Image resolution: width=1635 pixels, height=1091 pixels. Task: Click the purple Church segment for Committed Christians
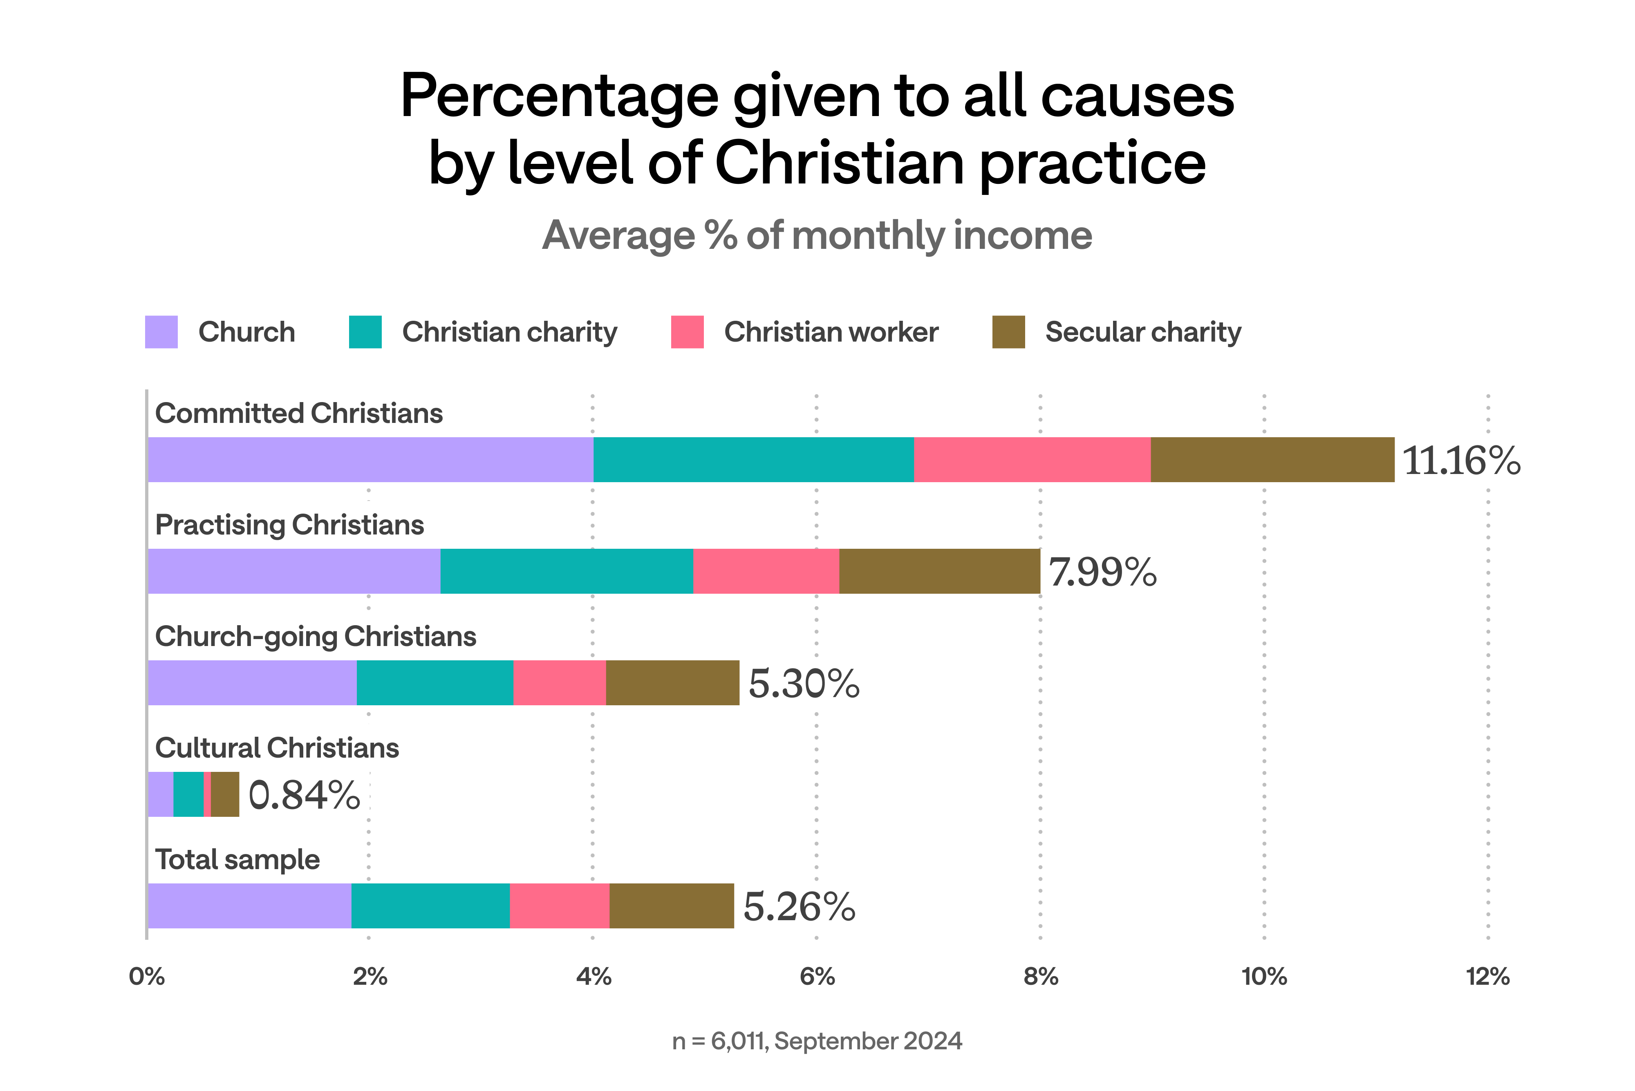pyautogui.click(x=370, y=460)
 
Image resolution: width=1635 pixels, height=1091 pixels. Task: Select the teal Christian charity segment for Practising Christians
pyautogui.click(x=567, y=571)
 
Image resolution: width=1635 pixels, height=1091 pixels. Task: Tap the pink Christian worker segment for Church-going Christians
pyautogui.click(x=560, y=682)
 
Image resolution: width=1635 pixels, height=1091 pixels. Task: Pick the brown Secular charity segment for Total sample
pyautogui.click(x=672, y=906)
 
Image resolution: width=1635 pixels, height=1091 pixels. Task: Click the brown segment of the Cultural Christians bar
pyautogui.click(x=225, y=795)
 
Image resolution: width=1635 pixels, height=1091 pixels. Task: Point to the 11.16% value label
pyautogui.click(x=1461, y=461)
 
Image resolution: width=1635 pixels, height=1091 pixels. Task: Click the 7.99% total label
pyautogui.click(x=1102, y=572)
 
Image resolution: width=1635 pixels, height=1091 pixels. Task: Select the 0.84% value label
pyautogui.click(x=304, y=795)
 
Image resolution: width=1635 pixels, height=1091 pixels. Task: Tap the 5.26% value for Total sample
pyautogui.click(x=799, y=907)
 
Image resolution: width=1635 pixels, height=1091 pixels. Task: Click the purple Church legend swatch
pyautogui.click(x=161, y=332)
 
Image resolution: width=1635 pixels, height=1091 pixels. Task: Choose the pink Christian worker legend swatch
pyautogui.click(x=687, y=332)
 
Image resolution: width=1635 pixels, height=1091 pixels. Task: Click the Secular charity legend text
pyautogui.click(x=1143, y=332)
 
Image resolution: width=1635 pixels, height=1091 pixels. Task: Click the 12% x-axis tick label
pyautogui.click(x=1487, y=977)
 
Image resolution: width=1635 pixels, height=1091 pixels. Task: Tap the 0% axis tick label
pyautogui.click(x=147, y=977)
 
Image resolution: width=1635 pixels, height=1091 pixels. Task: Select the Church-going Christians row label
pyautogui.click(x=315, y=637)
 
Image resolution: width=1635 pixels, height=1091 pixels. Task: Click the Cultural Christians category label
pyautogui.click(x=277, y=748)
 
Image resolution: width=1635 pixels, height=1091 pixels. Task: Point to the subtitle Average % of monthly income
pyautogui.click(x=817, y=235)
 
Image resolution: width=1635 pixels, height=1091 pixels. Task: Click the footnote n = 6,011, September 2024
pyautogui.click(x=817, y=1041)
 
